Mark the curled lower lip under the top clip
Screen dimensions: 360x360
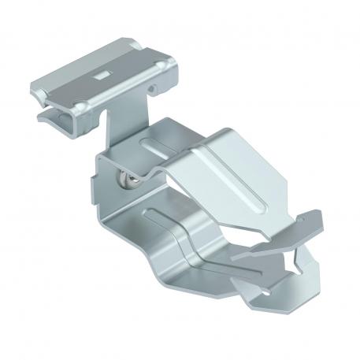tap(49, 117)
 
